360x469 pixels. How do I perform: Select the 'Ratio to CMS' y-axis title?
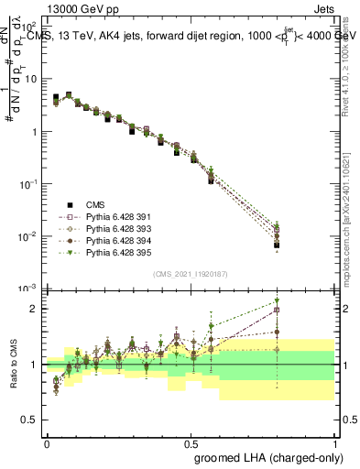pos(14,365)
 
